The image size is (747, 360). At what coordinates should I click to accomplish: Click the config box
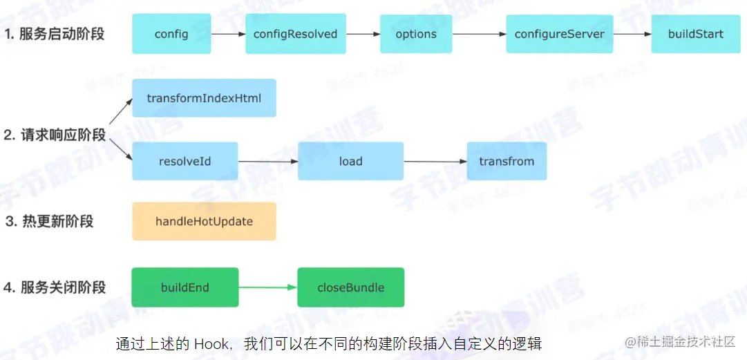pos(171,34)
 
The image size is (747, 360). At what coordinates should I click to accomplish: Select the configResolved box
pos(295,34)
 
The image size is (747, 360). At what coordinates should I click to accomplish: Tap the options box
pos(416,34)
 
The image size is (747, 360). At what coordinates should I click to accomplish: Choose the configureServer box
pos(559,34)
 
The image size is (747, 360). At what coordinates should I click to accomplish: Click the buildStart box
pos(695,34)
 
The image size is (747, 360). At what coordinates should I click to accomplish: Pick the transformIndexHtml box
pos(204,98)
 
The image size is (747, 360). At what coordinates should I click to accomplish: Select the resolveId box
pos(185,162)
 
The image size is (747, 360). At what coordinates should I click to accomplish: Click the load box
pos(350,162)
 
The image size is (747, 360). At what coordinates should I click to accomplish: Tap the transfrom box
pos(507,162)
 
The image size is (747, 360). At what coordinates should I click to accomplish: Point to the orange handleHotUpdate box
pos(204,222)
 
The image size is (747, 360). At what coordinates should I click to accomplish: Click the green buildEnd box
pos(185,287)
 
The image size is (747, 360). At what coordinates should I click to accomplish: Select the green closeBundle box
pos(350,287)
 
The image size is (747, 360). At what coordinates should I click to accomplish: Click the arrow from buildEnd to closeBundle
pos(268,287)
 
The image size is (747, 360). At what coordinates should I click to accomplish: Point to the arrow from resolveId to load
pos(268,162)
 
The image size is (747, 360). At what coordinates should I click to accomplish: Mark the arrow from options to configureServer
pos(479,34)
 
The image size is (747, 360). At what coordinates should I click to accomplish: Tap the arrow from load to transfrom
pos(435,162)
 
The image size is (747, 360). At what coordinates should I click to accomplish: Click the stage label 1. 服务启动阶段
pos(55,33)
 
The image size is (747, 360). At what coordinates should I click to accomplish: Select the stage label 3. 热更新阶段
pos(49,222)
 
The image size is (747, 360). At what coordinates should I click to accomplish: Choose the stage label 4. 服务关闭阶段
pos(55,287)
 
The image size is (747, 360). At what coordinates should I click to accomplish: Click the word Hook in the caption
pos(211,343)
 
